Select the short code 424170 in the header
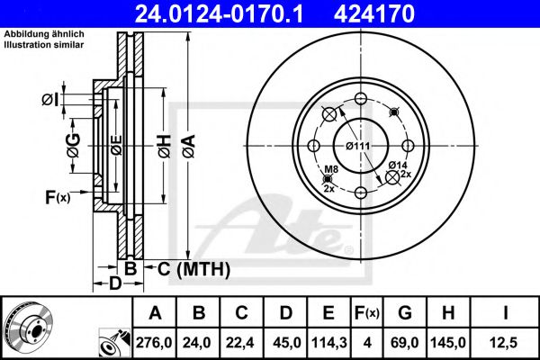tap(413, 13)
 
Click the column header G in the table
tap(405, 313)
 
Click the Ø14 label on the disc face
tap(398, 164)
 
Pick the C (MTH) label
tap(193, 268)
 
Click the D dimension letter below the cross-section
tap(115, 284)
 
